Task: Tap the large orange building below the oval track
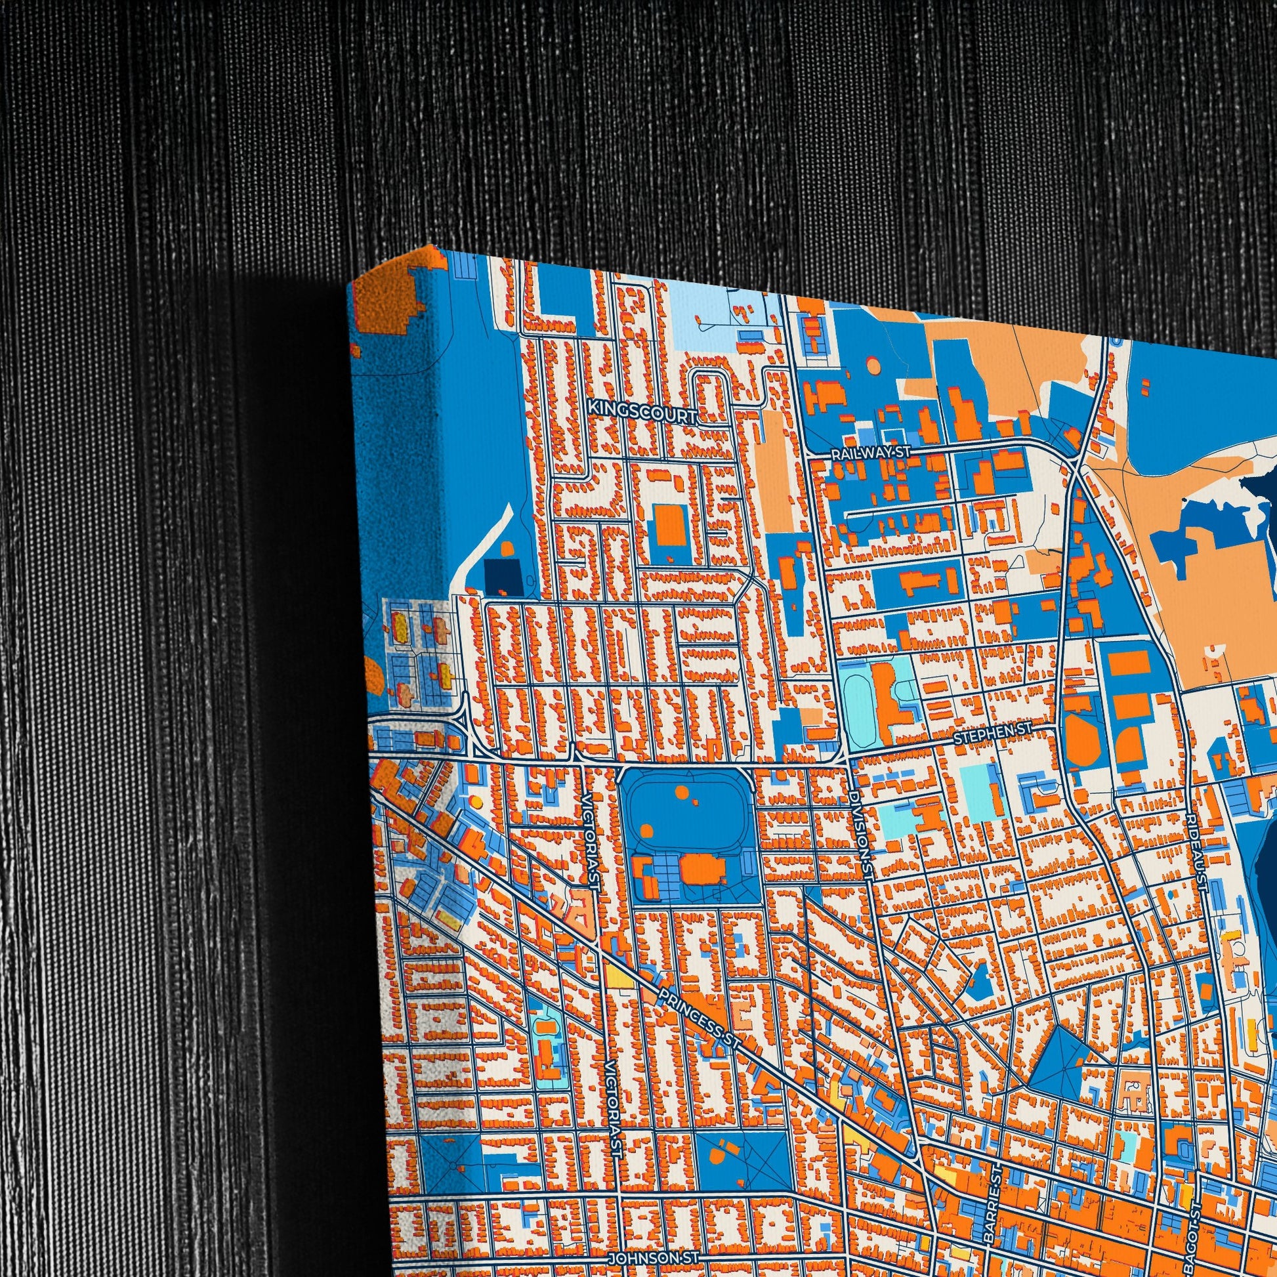point(703,869)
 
